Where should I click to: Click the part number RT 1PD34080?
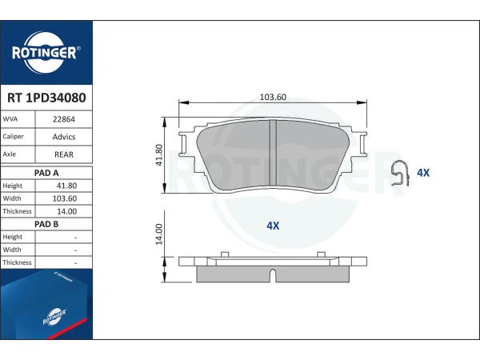pyautogui.click(x=46, y=98)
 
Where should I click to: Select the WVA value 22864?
pyautogui.click(x=64, y=119)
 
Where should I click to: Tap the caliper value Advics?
pyautogui.click(x=64, y=137)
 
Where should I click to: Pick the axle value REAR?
pyautogui.click(x=64, y=154)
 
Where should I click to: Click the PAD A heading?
pyautogui.click(x=46, y=173)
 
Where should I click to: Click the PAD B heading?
pyautogui.click(x=46, y=224)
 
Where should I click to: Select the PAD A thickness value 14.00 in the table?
pyautogui.click(x=66, y=211)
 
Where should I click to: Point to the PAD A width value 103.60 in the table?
pyautogui.click(x=65, y=198)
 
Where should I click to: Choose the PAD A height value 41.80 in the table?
pyautogui.click(x=66, y=186)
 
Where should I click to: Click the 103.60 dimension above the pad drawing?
pyautogui.click(x=273, y=97)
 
